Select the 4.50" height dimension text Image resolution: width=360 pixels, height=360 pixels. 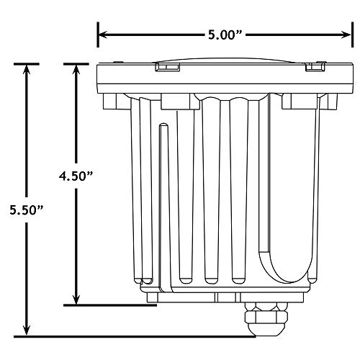point(76,175)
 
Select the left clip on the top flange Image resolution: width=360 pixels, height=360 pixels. point(166,68)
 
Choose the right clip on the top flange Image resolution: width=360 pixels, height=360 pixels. point(314,68)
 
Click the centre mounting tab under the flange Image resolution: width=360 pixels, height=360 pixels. point(179,101)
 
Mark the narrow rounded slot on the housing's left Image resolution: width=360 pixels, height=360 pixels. point(165,202)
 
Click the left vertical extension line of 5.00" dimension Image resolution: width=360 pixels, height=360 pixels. point(98,43)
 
